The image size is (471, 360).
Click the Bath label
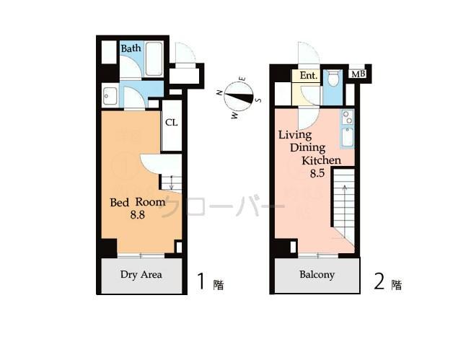(131, 48)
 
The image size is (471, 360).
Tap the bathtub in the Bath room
(154, 59)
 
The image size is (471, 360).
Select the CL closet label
(171, 122)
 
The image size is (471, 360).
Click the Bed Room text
(137, 203)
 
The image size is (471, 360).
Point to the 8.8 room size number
(137, 216)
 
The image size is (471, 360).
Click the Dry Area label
(141, 274)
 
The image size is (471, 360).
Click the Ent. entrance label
(308, 76)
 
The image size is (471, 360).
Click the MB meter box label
(358, 74)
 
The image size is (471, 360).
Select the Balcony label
(317, 274)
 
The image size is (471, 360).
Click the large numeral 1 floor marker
(202, 282)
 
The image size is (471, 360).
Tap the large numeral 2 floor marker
(379, 282)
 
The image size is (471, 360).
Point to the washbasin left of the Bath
(110, 95)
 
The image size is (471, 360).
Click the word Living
(295, 135)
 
